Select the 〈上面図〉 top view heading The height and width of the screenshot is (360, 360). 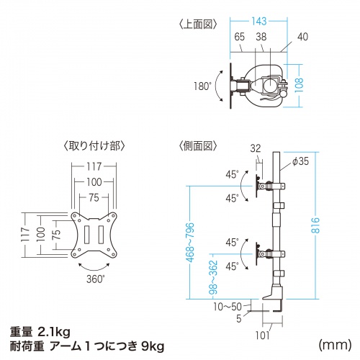(196, 24)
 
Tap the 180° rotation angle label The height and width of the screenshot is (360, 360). (203, 86)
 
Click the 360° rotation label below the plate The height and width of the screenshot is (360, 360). (95, 278)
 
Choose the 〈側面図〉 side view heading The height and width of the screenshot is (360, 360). (196, 145)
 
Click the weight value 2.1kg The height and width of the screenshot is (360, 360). (53, 331)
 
